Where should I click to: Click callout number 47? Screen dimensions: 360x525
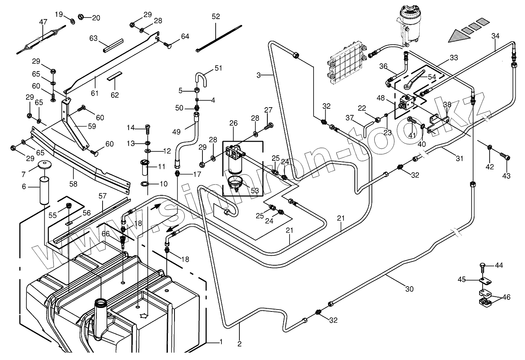pos(43,22)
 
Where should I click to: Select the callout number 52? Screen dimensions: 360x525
pos(216,17)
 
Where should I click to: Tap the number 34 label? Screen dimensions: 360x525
pos(495,36)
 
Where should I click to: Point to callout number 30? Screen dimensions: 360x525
pos(409,289)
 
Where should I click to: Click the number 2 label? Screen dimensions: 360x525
pos(239,343)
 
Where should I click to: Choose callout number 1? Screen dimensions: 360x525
pos(221,342)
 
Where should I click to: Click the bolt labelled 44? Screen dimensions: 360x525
pos(482,267)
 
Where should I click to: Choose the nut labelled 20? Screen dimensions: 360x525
pos(82,17)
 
